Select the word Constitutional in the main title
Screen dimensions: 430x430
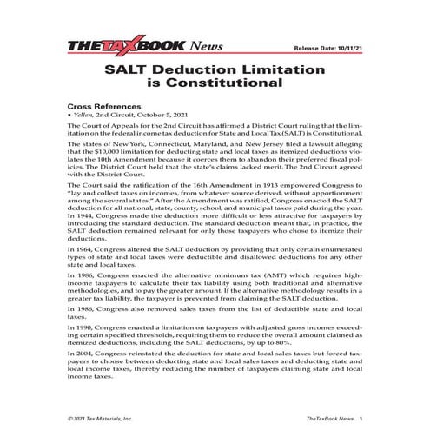coord(225,84)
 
